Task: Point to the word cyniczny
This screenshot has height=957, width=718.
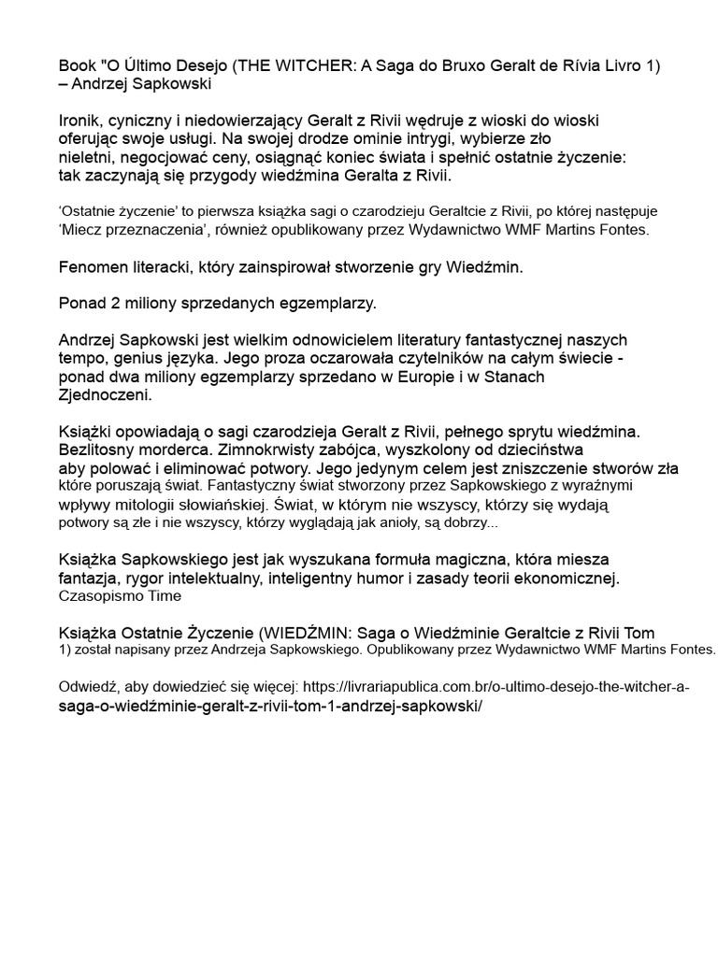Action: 145,121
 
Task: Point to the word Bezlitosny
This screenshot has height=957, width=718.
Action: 97,450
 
